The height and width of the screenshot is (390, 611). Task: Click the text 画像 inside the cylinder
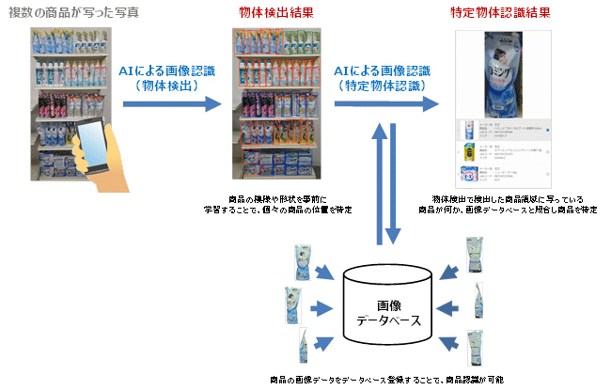tap(388, 304)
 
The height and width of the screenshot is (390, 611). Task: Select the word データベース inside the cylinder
tap(388, 321)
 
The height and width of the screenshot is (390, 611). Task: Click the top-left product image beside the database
tap(305, 257)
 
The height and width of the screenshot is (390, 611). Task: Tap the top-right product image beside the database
tap(475, 255)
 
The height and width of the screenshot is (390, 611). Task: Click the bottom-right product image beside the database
tap(474, 349)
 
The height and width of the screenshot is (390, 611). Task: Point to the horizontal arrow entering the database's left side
tap(323, 306)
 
